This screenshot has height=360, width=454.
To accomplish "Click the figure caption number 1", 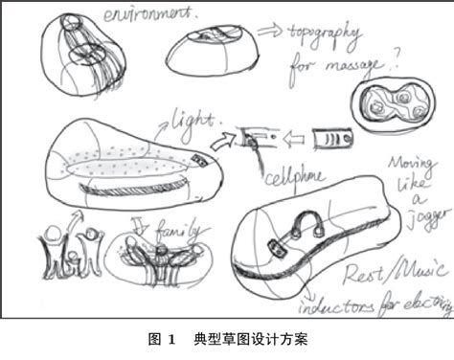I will point(171,339).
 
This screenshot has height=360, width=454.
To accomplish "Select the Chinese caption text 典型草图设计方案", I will point(249,339).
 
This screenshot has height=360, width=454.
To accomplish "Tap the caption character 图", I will point(153,339).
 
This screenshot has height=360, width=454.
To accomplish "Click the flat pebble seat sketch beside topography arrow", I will point(214,50).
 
